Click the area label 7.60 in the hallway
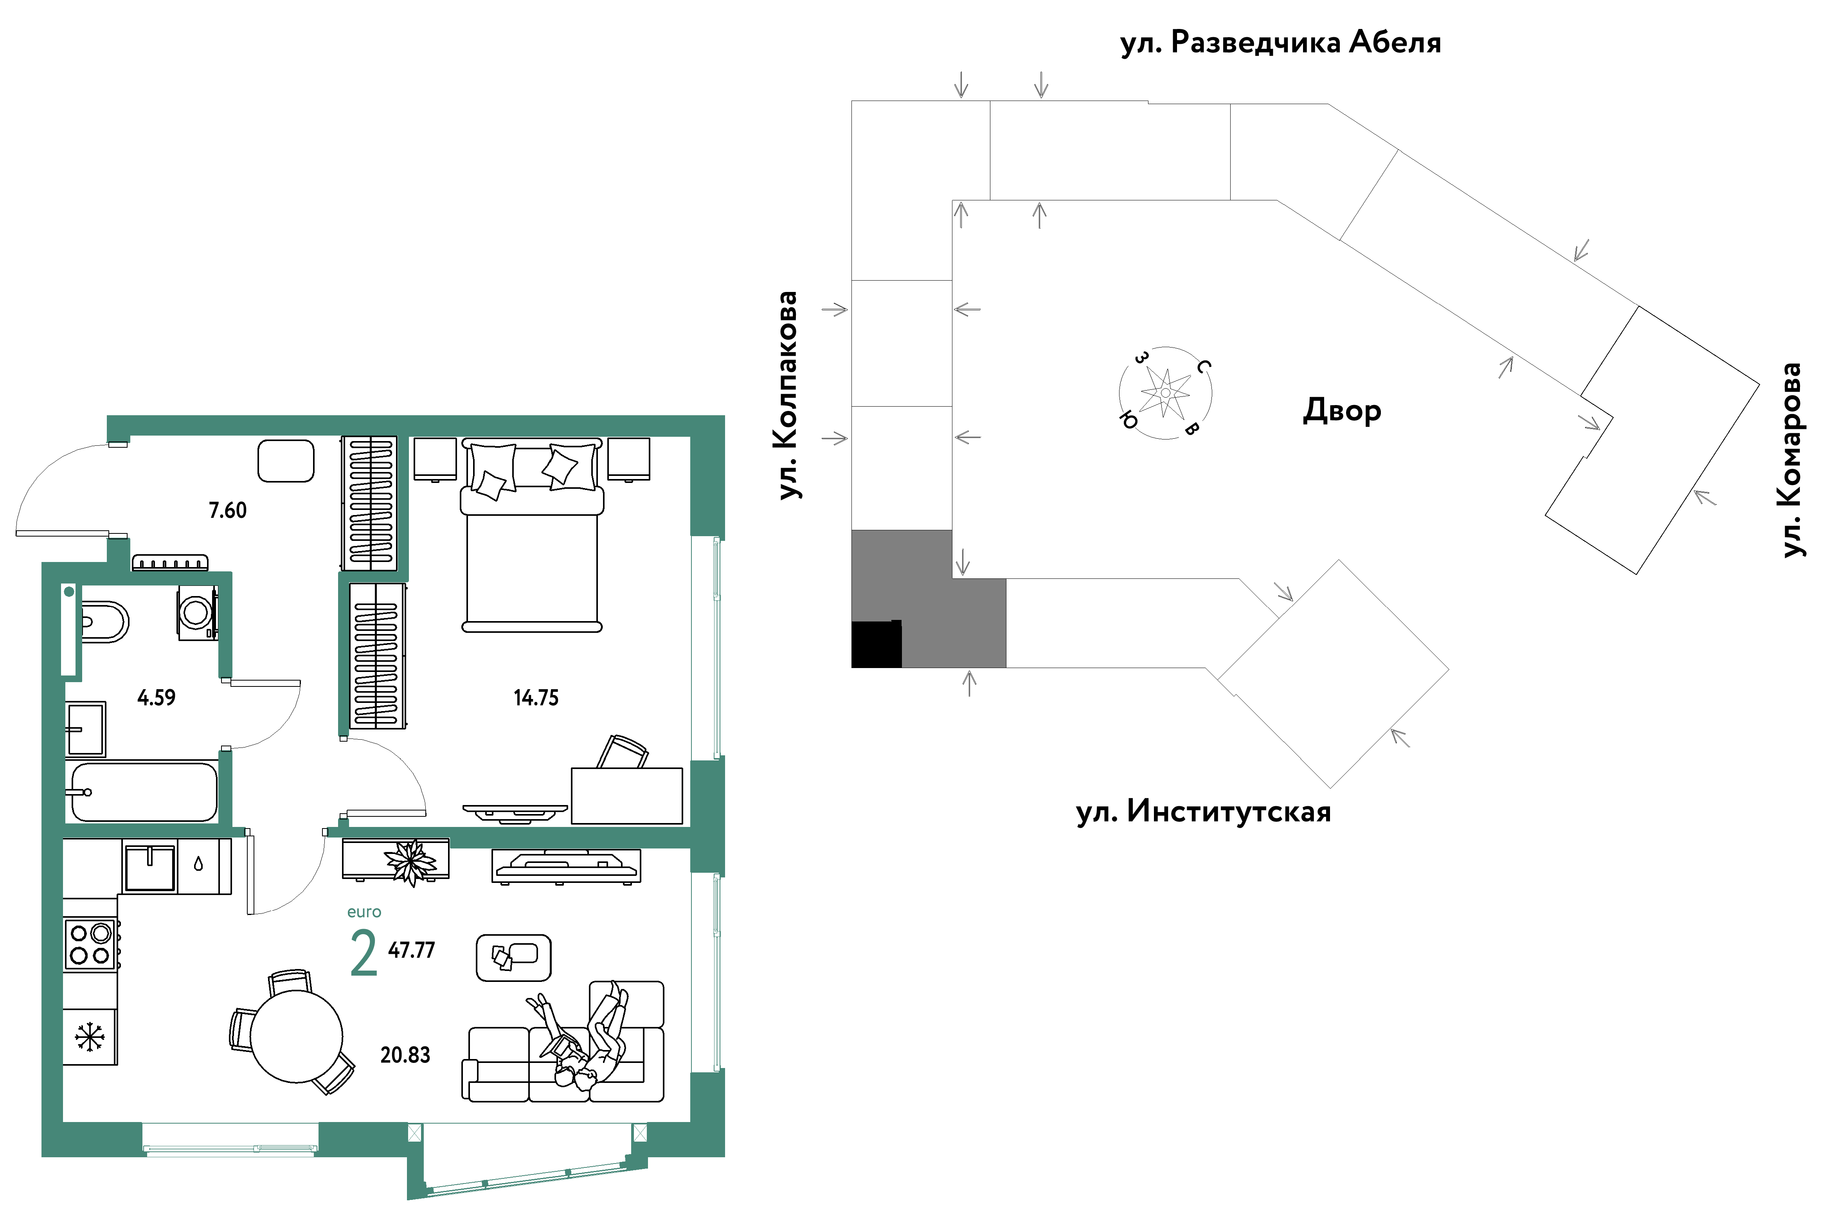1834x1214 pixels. tap(228, 510)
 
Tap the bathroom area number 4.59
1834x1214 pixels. tap(157, 697)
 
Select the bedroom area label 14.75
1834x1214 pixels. tap(536, 697)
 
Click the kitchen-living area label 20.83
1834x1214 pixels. tap(405, 1054)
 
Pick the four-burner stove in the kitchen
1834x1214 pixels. tap(90, 944)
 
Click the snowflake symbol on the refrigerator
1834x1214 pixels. tap(90, 1037)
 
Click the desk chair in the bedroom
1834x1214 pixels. tap(623, 751)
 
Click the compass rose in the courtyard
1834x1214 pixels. tap(1165, 393)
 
